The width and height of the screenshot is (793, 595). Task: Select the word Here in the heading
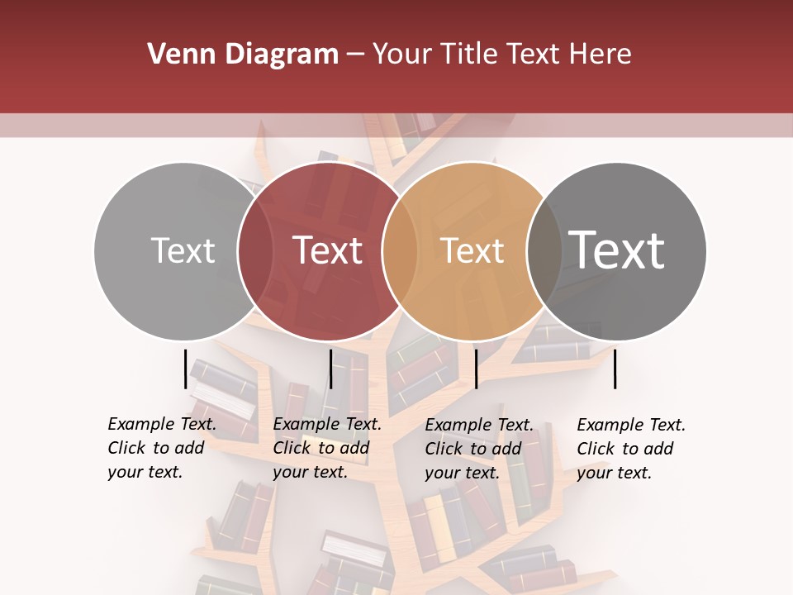coord(601,55)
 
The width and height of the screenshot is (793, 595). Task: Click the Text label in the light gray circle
coord(183,250)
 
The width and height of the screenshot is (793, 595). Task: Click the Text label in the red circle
coord(327,250)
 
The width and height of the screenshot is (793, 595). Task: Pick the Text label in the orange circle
coord(472,250)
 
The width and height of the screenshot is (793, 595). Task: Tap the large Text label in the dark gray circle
coord(616,250)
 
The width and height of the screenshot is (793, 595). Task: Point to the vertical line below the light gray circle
coord(185,369)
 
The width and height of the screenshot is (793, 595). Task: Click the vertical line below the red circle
coord(330,369)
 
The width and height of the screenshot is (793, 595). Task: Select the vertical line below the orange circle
coord(476,369)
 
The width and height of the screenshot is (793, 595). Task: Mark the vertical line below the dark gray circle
coord(615,369)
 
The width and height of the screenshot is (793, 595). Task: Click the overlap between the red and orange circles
coord(400,251)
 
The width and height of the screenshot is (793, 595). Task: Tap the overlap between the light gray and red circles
coord(255,251)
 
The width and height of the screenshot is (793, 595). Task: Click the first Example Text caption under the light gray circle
coord(162,424)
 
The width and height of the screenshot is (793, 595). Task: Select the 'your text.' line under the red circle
coord(310,472)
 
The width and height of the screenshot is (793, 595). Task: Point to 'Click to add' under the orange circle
coord(472,449)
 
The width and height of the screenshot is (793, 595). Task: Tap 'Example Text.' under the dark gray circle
coord(631,425)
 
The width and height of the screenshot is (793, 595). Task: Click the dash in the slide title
coord(355,55)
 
